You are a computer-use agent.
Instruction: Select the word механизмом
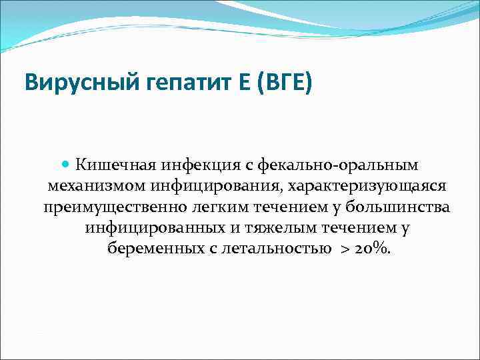click(x=91, y=185)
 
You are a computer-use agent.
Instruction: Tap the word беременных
click(x=151, y=249)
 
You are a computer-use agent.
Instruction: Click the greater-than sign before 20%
click(x=344, y=250)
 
